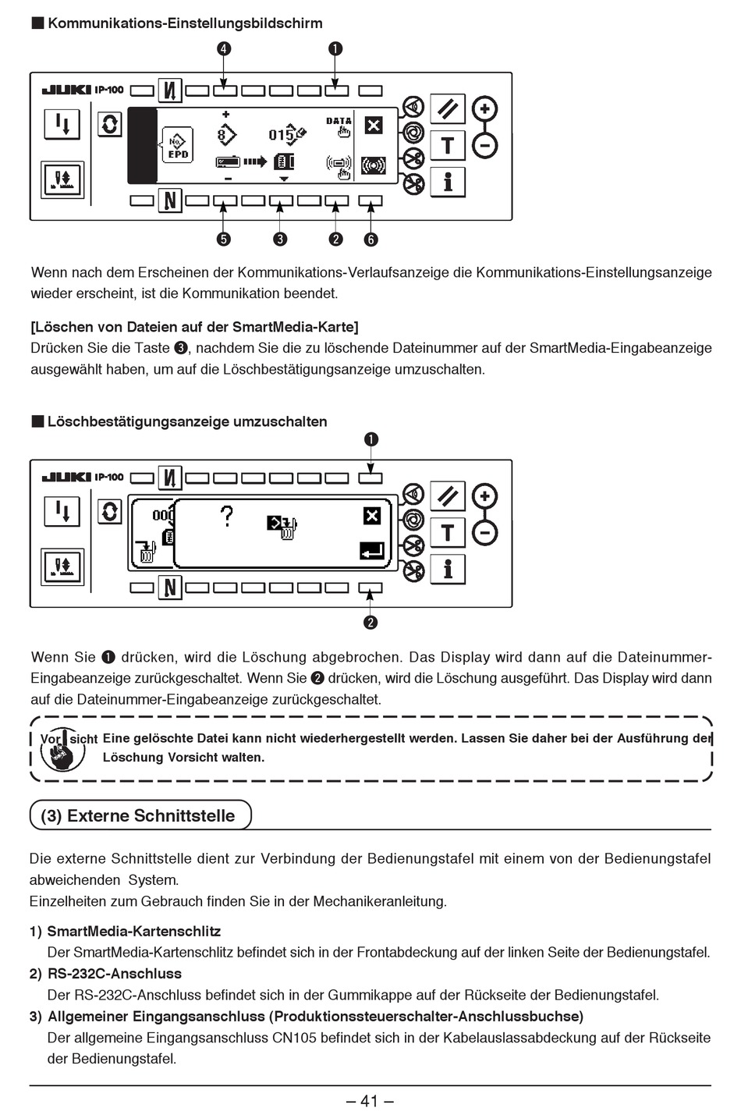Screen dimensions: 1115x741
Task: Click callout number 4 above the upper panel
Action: (x=224, y=48)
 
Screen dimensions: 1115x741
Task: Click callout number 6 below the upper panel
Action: (x=370, y=240)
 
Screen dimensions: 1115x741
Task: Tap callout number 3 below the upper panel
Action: (x=280, y=240)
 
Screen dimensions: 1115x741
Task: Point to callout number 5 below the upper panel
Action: (x=224, y=240)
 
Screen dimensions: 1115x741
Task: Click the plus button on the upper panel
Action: (x=485, y=108)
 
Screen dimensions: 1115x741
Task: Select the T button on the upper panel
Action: (x=448, y=145)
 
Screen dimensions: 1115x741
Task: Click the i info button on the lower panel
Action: (x=448, y=569)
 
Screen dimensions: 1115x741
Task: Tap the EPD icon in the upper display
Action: (x=178, y=147)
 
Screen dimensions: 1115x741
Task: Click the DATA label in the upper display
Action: (x=339, y=121)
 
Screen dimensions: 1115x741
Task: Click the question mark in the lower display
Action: (x=226, y=517)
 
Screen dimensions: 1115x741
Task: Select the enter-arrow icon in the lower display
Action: (x=372, y=551)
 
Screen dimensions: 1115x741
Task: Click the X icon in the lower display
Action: (x=372, y=516)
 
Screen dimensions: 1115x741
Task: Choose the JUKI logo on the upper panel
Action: (x=66, y=90)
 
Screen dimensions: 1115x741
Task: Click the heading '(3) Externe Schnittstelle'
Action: (x=138, y=815)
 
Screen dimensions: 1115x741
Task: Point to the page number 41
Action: (x=370, y=1101)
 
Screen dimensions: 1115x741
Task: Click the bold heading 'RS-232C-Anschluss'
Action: (x=114, y=974)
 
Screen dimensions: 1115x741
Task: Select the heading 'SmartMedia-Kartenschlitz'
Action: (x=134, y=931)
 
